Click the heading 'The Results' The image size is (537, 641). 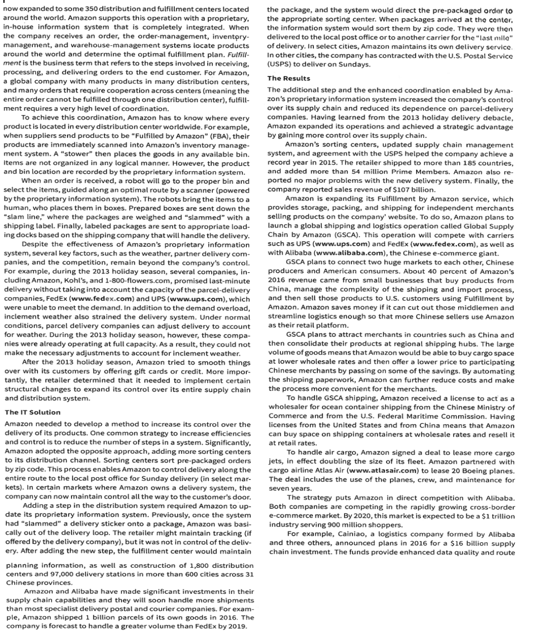coord(288,78)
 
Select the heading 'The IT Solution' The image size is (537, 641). coord(32,412)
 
